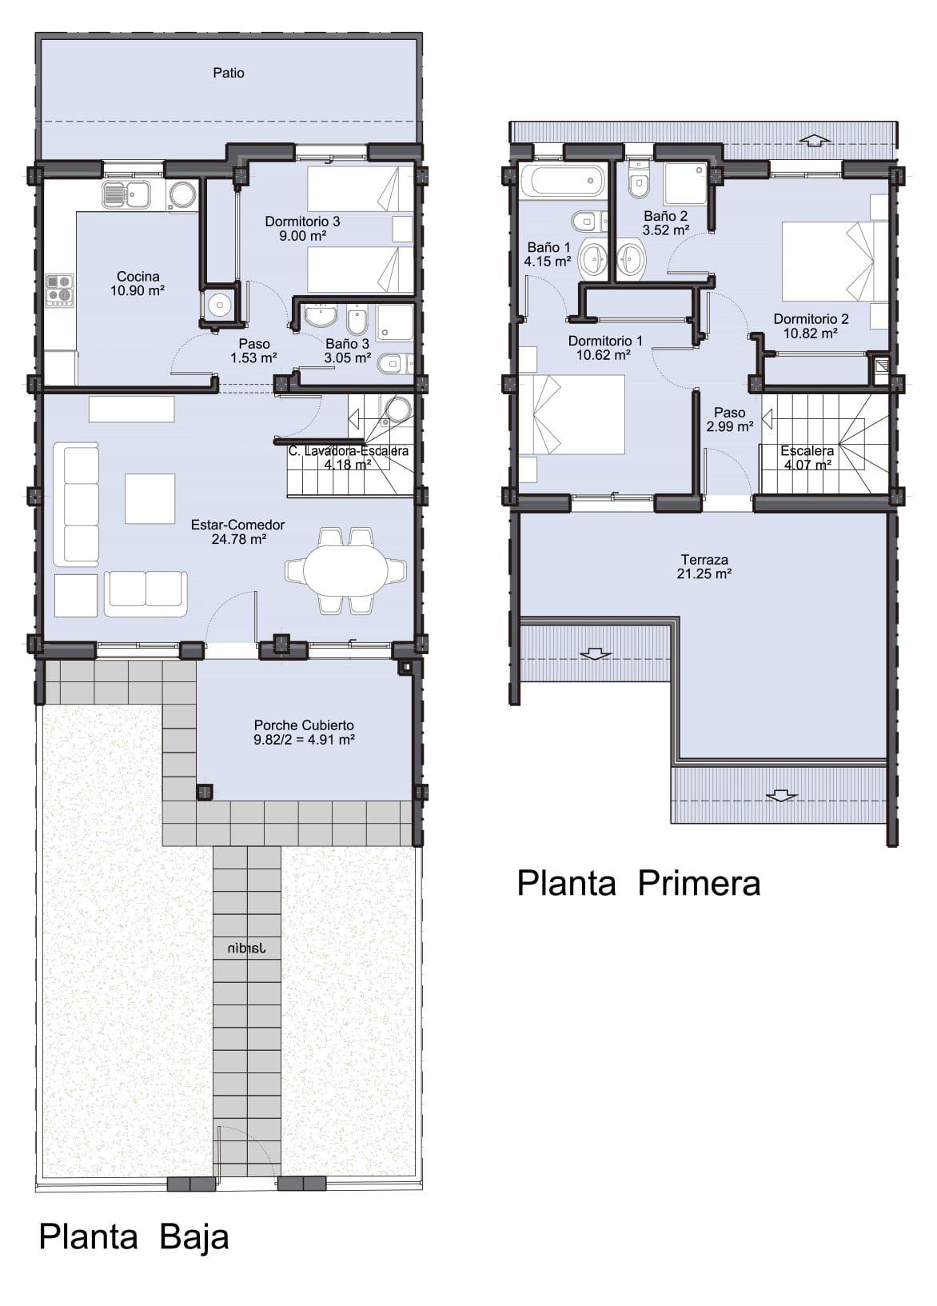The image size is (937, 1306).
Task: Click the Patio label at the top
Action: tap(229, 73)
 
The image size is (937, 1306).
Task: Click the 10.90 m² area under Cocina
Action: tap(138, 291)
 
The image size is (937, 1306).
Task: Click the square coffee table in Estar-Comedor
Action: tap(150, 498)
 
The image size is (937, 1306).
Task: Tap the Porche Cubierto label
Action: tap(304, 725)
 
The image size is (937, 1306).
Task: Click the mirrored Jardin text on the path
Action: tap(246, 949)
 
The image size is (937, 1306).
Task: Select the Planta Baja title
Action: tap(134, 1236)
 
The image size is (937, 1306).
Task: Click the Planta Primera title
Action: tap(638, 884)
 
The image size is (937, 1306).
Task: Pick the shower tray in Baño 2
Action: tap(685, 185)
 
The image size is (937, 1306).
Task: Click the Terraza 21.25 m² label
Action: tap(704, 567)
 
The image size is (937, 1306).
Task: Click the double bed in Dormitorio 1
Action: tap(572, 414)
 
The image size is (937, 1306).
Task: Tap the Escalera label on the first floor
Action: tap(807, 451)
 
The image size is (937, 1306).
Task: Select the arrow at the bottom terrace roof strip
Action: tap(781, 796)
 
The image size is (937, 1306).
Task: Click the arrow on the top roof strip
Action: tap(815, 140)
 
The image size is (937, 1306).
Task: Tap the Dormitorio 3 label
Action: tap(302, 222)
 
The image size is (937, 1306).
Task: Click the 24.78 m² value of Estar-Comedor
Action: tap(238, 540)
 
